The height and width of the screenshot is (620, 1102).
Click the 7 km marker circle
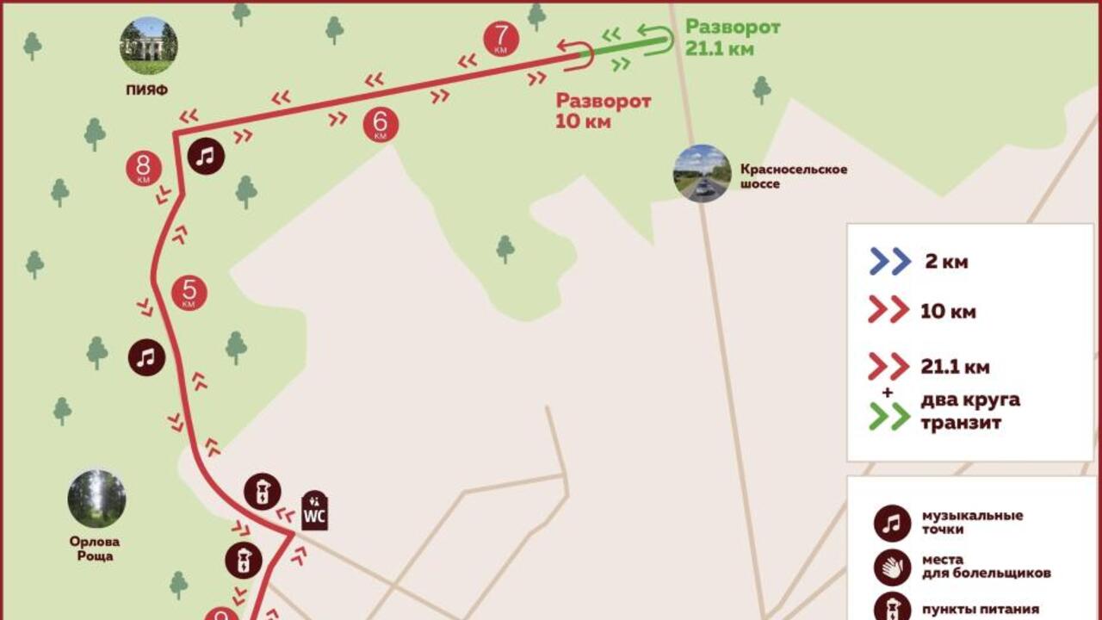point(501,39)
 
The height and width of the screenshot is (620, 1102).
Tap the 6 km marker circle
point(381,124)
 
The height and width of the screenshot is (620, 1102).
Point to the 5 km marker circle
point(189,293)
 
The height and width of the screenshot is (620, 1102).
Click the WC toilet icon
point(314,512)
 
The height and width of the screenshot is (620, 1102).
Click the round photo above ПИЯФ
point(149,45)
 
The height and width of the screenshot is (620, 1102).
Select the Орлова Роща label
point(95,549)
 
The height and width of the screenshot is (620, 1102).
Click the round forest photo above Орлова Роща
point(96,499)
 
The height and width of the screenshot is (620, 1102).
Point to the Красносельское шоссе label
point(793,177)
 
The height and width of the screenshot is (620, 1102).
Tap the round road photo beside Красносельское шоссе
point(702,173)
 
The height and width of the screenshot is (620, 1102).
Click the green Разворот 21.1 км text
point(733,38)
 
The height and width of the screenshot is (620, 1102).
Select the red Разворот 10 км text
point(604,111)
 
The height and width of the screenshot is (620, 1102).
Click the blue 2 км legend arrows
point(889,261)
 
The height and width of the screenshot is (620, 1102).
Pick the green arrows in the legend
point(889,417)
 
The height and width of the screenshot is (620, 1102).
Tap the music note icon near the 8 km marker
point(206,156)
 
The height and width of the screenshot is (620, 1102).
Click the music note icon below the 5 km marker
point(147,357)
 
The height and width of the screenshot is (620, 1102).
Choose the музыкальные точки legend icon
point(892,523)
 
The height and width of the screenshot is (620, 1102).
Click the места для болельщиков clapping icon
point(892,566)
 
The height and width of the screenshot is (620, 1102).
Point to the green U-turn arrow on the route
point(657,40)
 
